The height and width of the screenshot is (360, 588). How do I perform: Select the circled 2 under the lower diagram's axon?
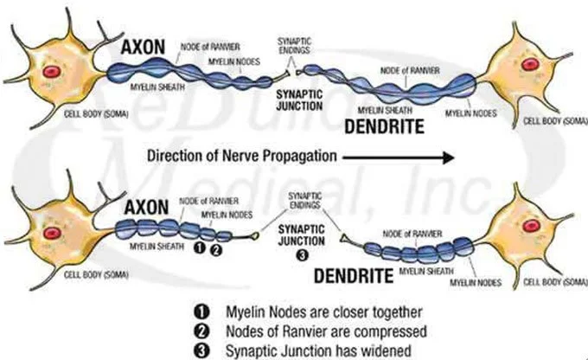tap(216, 247)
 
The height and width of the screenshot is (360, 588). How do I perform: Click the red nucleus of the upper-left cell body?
tap(53, 70)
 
